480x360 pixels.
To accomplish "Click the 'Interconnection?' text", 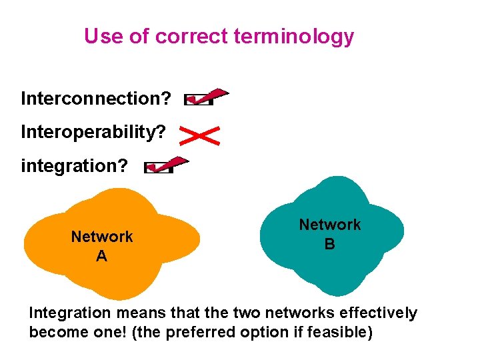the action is coord(95,99).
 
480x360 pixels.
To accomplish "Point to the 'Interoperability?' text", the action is coord(93,132).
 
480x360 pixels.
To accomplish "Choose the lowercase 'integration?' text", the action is coord(74,165).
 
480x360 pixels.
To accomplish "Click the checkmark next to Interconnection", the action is coord(205,98).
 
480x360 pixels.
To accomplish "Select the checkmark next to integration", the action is coord(166,165).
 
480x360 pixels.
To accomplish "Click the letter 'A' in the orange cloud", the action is coord(101,256).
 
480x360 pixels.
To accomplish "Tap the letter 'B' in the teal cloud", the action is coord(329,244).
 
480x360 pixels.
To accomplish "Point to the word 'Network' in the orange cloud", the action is coord(102,237).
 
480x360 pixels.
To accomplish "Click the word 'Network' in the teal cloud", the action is coord(329,225).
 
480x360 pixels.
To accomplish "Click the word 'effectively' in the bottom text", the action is coord(379,313).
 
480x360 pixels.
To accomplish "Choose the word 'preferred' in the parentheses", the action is coord(213,332).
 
